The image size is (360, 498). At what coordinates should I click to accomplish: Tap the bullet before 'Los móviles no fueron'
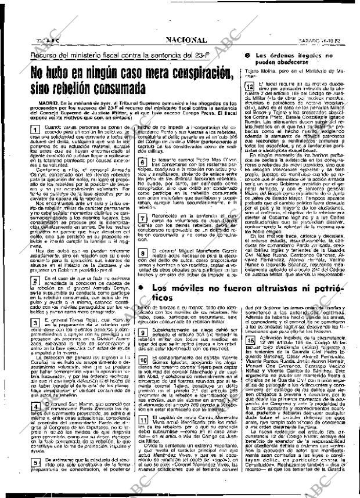click(142, 288)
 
